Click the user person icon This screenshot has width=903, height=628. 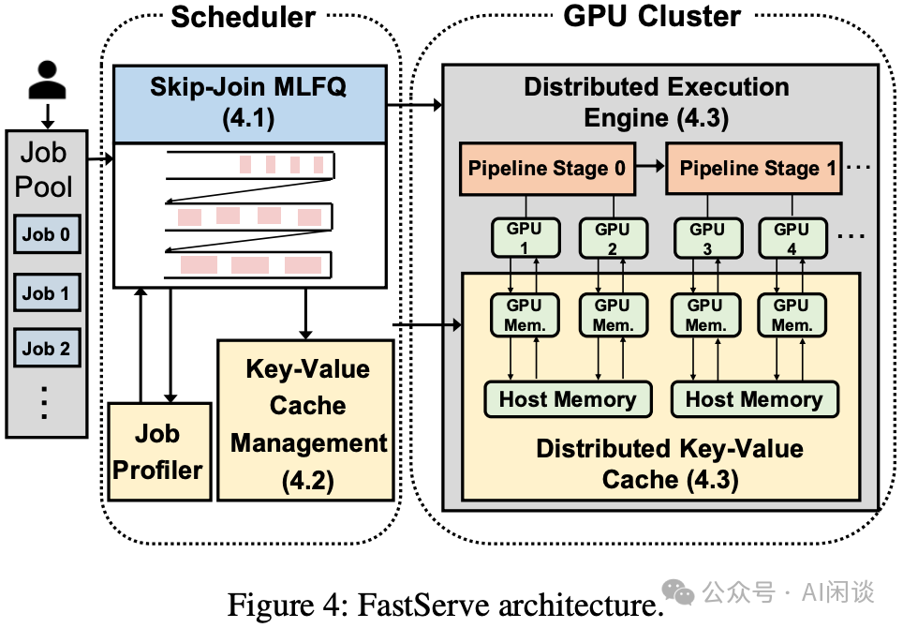[x=47, y=82]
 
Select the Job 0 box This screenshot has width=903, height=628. [x=46, y=234]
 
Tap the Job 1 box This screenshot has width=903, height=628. [x=46, y=292]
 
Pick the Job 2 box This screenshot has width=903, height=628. [x=46, y=349]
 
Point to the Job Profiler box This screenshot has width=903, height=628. [x=156, y=451]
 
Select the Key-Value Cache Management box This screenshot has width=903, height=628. [x=307, y=420]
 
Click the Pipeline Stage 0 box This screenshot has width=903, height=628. [x=547, y=170]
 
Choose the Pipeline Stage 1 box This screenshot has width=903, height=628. [x=757, y=170]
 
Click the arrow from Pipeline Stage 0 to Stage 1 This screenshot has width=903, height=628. [x=650, y=170]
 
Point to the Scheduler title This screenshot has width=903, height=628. [x=243, y=17]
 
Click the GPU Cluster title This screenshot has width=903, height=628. [x=652, y=16]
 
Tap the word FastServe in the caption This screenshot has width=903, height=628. [x=413, y=605]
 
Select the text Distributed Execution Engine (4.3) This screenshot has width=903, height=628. [x=656, y=101]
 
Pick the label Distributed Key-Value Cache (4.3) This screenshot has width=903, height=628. [x=669, y=463]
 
